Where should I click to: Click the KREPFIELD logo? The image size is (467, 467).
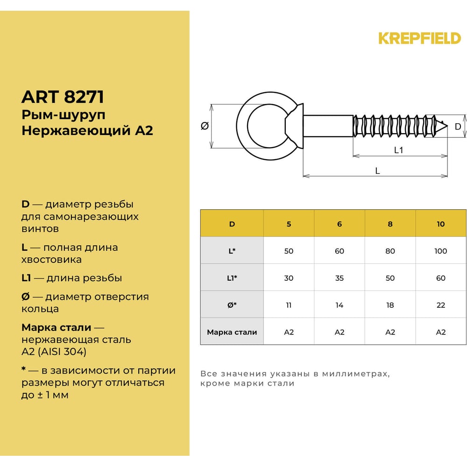[x=419, y=38]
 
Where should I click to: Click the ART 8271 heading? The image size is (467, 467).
[x=63, y=97]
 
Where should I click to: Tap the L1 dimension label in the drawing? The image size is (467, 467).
[x=398, y=150]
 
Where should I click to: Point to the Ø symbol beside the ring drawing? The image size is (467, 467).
[x=205, y=126]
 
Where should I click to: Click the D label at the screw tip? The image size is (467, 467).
[x=458, y=127]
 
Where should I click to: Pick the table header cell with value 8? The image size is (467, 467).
[x=390, y=224]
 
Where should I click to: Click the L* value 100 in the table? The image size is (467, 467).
[x=440, y=251]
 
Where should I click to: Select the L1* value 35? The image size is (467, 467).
[x=340, y=278]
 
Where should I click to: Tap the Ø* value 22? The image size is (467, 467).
[x=440, y=305]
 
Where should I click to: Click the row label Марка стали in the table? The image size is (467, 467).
[x=232, y=332]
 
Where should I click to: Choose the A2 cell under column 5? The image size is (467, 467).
[x=289, y=332]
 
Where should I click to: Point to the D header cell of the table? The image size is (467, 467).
[x=232, y=224]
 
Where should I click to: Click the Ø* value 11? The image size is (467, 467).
[x=289, y=305]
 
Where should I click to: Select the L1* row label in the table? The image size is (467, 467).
[x=232, y=278]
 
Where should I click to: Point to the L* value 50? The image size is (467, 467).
[x=289, y=251]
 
